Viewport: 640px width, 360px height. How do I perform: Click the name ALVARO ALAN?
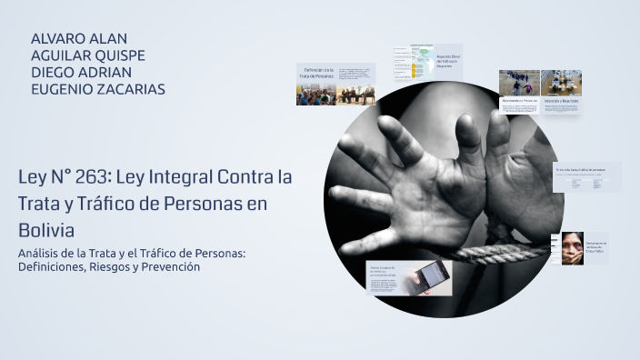point(79,39)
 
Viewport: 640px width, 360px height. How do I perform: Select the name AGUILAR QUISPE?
point(88,55)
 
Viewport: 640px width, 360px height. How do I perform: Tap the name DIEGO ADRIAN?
point(82,72)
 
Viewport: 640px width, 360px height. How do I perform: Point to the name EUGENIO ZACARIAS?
point(98,88)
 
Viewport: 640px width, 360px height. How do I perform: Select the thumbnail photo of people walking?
point(519,83)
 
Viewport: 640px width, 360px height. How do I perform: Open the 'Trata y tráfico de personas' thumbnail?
point(585,176)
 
